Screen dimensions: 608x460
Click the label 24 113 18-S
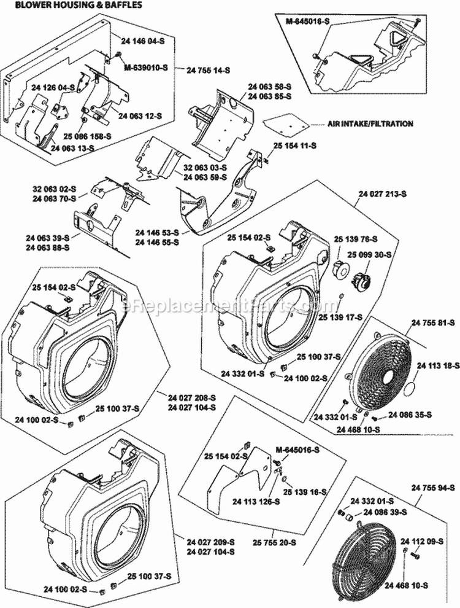tap(438, 365)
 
